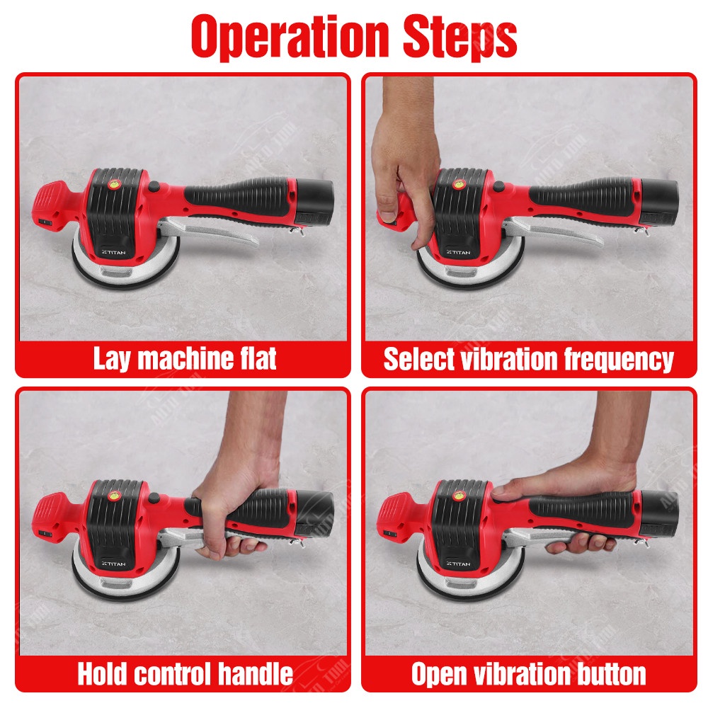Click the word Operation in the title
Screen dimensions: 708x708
(x=290, y=37)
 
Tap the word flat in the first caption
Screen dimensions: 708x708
(x=258, y=358)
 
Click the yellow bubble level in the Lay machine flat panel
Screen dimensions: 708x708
(x=113, y=184)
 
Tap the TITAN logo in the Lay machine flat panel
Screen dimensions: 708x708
(x=114, y=253)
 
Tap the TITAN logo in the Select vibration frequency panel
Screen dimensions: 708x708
(x=458, y=253)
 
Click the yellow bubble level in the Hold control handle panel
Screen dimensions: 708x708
(x=113, y=496)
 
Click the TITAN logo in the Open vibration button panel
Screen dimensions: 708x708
(x=458, y=564)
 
